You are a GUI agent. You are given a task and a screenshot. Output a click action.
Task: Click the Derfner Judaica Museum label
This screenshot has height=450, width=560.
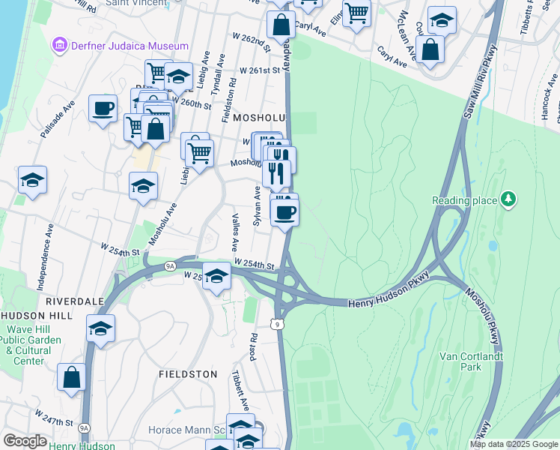(130, 46)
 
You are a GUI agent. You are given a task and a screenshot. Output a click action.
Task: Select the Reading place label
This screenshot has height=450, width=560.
(464, 200)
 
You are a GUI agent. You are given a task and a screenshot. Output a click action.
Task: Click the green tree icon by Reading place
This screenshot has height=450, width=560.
(508, 199)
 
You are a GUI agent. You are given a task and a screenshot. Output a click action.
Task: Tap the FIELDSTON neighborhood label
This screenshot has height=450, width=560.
(188, 373)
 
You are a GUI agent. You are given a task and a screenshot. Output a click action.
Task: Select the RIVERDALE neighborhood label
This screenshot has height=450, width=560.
(75, 301)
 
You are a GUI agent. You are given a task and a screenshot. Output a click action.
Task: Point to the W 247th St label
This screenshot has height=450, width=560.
(53, 415)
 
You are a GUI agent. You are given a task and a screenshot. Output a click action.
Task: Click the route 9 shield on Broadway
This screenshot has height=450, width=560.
(279, 324)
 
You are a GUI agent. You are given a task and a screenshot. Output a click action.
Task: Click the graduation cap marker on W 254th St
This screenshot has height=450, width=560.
(216, 275)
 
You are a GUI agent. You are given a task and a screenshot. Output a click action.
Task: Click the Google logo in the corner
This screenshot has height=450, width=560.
(25, 442)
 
